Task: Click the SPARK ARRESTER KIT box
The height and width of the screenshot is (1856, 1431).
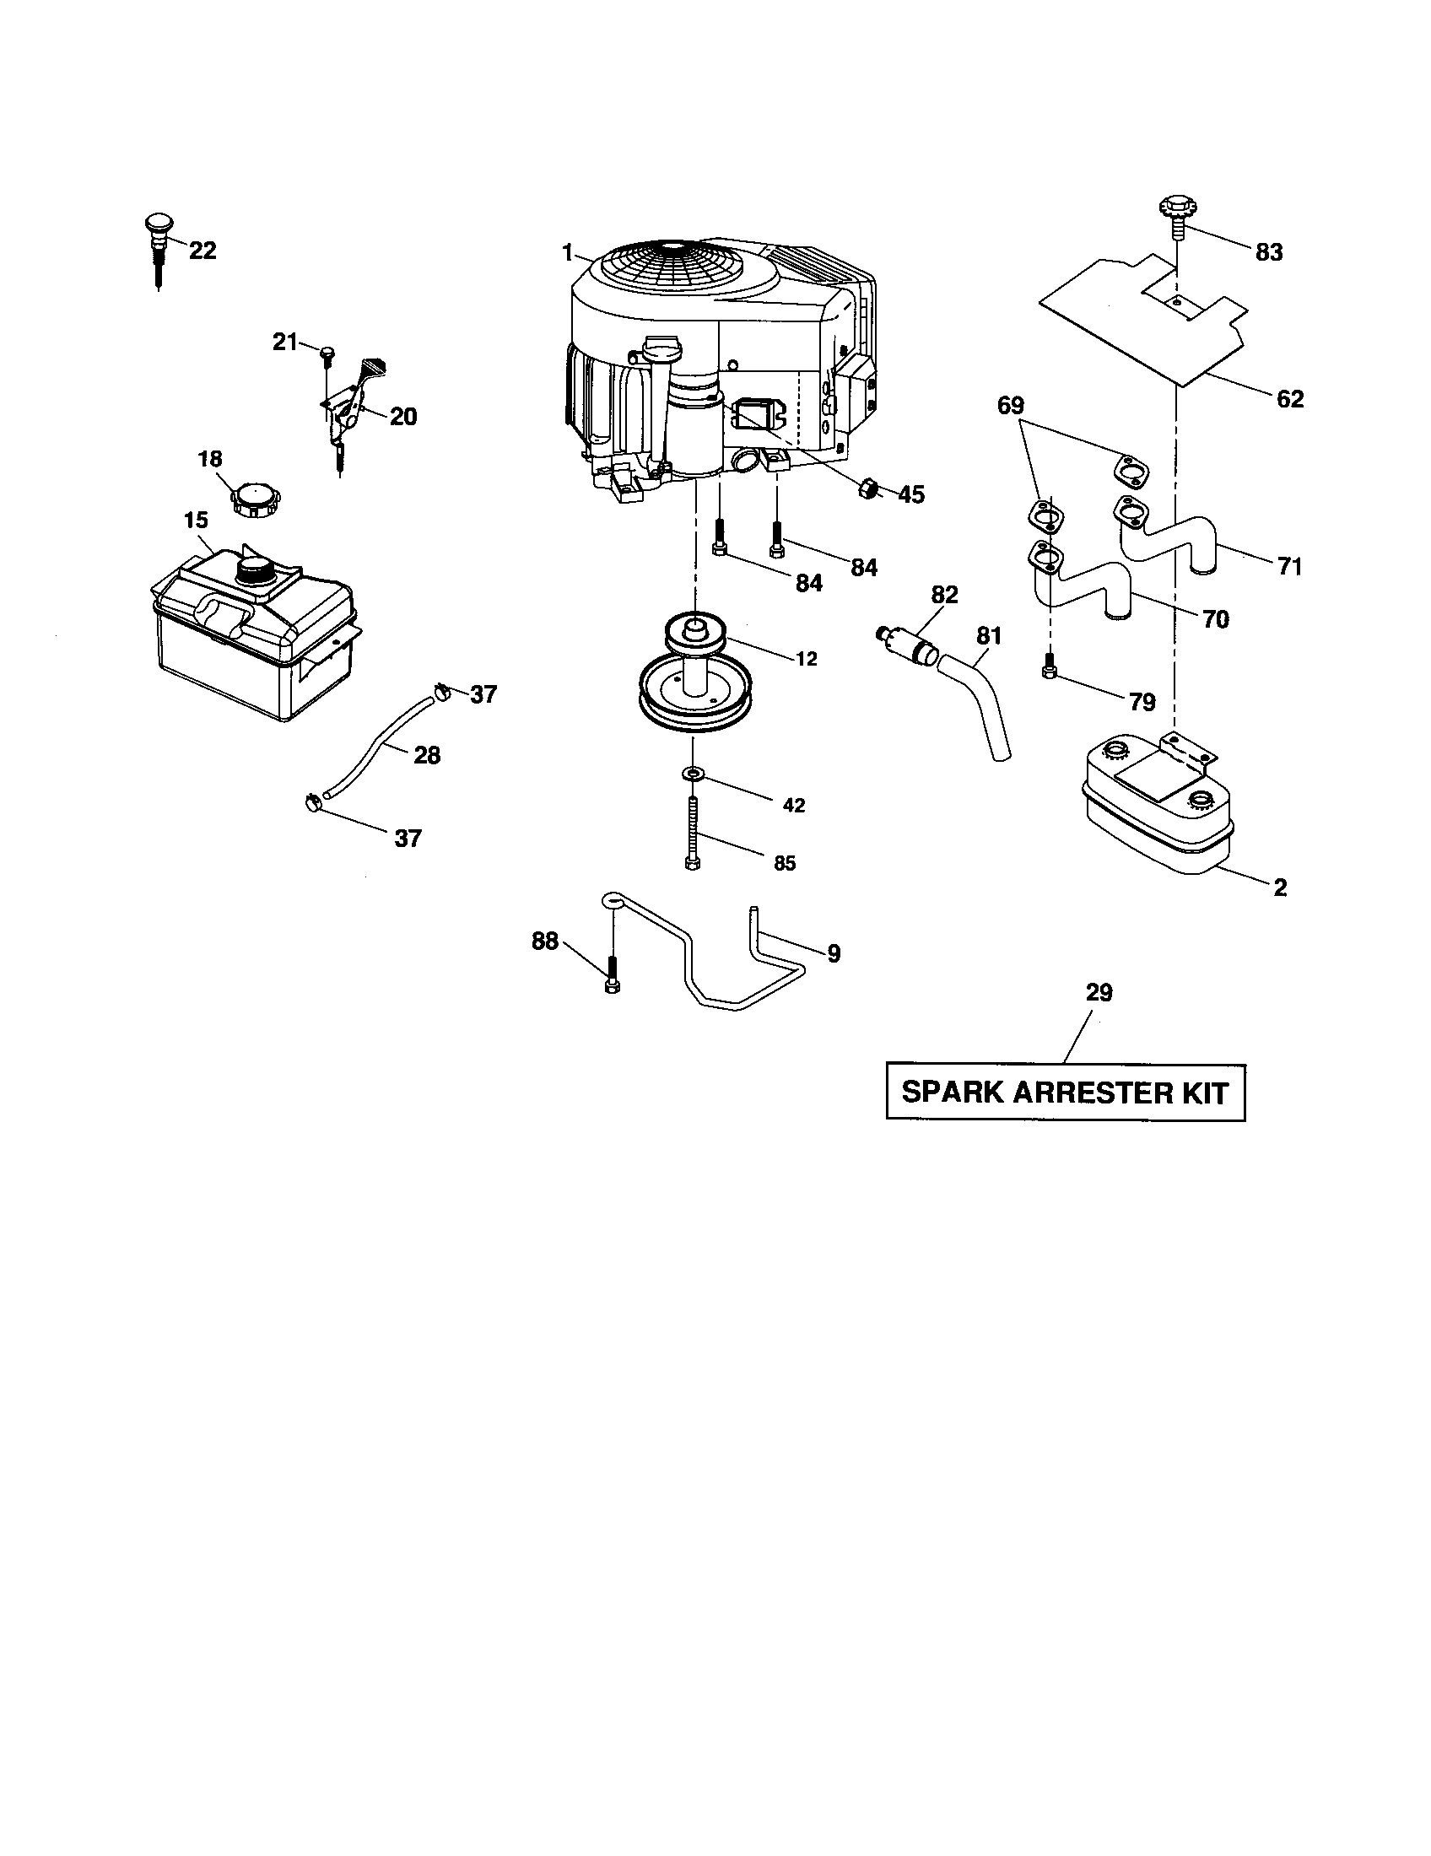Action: [x=1065, y=1092]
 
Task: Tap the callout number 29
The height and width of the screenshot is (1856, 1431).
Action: [x=1099, y=993]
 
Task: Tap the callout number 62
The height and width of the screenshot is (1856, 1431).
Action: [x=1289, y=398]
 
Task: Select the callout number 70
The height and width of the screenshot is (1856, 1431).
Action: [x=1216, y=619]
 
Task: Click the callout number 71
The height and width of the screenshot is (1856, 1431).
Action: [x=1289, y=565]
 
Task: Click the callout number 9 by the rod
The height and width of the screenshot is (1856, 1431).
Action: [x=834, y=953]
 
